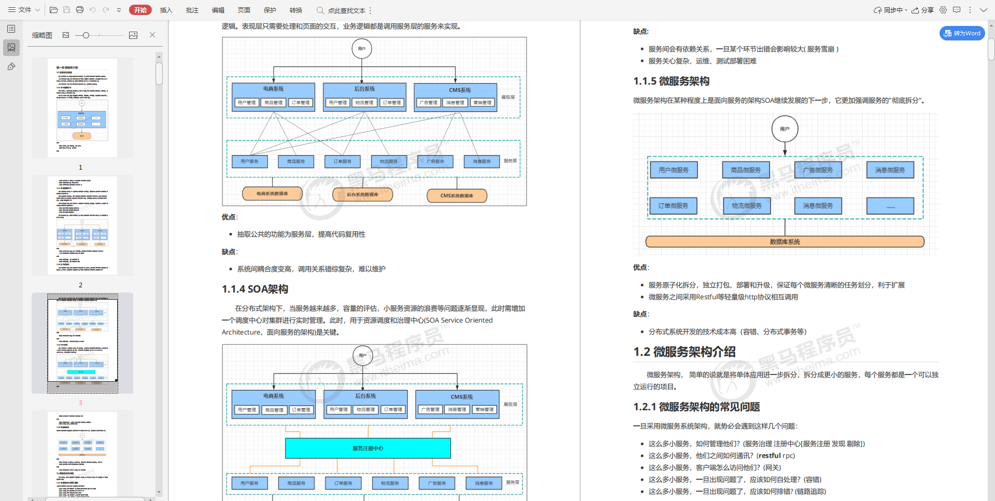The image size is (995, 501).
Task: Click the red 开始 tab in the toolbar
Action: (140, 10)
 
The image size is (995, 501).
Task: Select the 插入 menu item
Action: (166, 10)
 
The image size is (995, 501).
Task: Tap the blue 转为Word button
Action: (962, 33)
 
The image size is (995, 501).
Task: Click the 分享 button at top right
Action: (923, 10)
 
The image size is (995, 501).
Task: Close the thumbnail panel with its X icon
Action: (152, 35)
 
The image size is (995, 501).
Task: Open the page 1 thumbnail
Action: (82, 108)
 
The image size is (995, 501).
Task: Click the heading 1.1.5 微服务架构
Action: (671, 81)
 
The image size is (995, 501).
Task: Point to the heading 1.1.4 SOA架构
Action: (255, 289)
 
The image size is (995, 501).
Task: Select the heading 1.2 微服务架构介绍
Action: (684, 352)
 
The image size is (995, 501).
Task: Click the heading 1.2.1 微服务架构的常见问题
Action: (696, 407)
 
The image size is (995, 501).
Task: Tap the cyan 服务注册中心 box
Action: (368, 448)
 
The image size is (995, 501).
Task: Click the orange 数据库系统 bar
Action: (785, 242)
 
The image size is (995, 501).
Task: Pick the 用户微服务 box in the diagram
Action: (674, 170)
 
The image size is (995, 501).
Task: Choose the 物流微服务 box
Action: (746, 206)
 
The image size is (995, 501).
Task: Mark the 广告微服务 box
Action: (818, 170)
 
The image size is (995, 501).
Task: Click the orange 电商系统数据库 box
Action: (272, 193)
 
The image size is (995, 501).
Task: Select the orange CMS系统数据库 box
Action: (457, 196)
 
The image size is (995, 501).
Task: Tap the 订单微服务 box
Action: (673, 206)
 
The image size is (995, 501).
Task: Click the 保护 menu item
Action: (269, 10)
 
